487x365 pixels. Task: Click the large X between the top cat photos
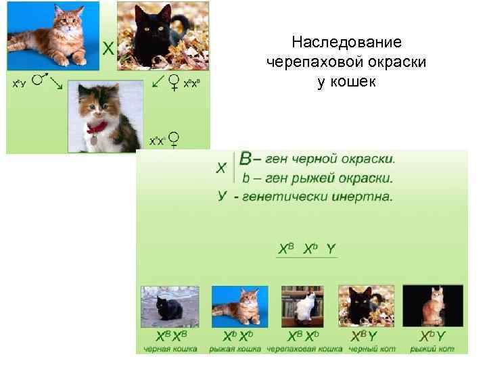click(108, 48)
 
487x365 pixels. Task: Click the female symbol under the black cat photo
click(174, 82)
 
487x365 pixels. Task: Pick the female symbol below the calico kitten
click(174, 139)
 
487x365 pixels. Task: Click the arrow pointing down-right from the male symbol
click(57, 84)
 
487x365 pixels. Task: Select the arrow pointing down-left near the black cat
click(158, 82)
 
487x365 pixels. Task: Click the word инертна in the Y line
click(361, 197)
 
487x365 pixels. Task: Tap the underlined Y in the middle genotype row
click(330, 249)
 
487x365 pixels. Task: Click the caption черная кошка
click(170, 349)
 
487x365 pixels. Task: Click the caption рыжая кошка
click(235, 349)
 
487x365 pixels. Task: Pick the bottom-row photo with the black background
click(433, 308)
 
